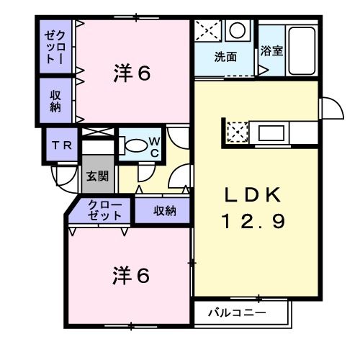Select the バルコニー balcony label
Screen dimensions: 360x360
[237, 312]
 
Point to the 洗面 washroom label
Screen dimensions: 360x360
[225, 57]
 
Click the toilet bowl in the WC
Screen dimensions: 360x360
[134, 144]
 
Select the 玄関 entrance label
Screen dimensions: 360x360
[98, 175]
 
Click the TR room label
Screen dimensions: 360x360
[60, 145]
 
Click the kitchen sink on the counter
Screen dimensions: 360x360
[271, 132]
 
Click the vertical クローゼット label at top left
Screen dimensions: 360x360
[55, 47]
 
